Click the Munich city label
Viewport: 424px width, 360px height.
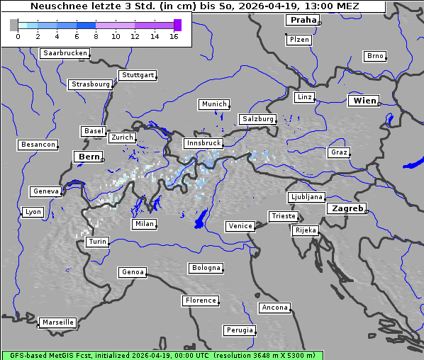click(214, 104)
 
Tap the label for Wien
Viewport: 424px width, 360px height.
click(364, 101)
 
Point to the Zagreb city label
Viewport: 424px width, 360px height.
click(347, 209)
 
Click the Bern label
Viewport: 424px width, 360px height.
click(89, 157)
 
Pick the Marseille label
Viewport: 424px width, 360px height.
click(57, 322)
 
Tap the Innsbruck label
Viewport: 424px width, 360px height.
click(203, 143)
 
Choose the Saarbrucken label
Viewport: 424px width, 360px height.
click(65, 53)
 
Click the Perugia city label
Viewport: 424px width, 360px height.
click(239, 330)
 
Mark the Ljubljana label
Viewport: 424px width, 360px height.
click(306, 197)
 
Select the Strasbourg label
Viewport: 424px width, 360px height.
click(91, 84)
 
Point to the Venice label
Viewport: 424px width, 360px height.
click(240, 226)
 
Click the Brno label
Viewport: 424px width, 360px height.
click(375, 56)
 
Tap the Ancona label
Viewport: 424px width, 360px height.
click(274, 308)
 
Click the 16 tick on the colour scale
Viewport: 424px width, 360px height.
click(174, 35)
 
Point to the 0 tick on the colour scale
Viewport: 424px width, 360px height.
click(18, 35)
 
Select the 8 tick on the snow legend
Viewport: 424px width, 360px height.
click(96, 35)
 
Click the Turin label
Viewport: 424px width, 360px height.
click(97, 242)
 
